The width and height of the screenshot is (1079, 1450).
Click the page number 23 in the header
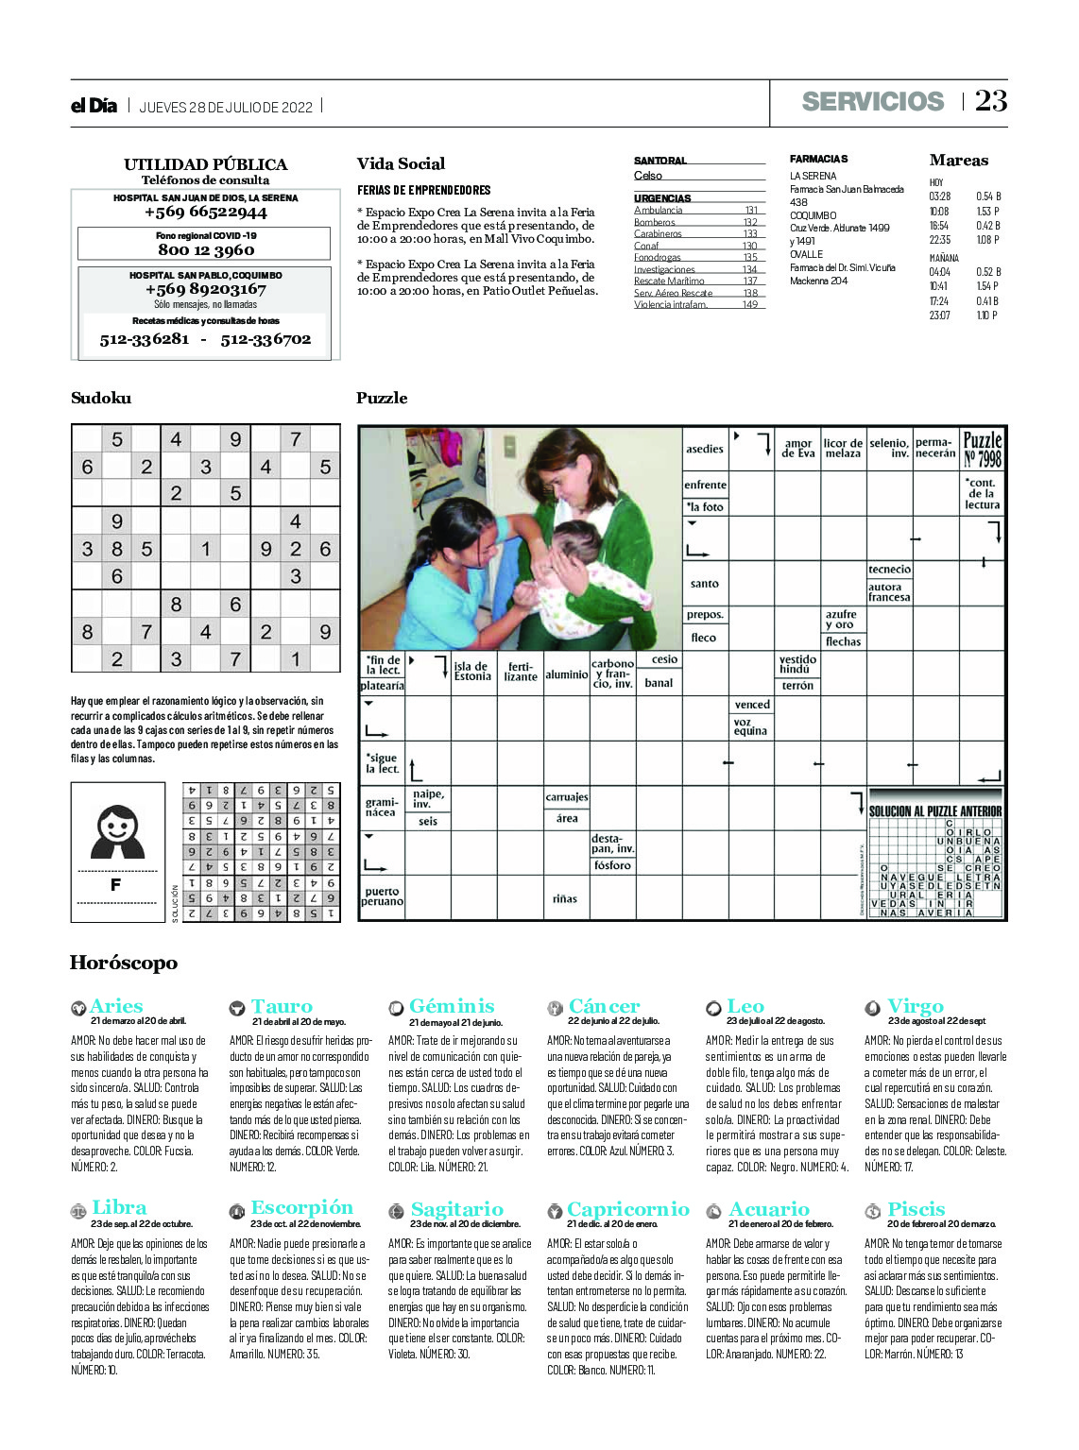coord(991,101)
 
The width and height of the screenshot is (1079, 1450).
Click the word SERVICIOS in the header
coord(872,102)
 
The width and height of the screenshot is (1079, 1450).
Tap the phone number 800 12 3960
coord(206,250)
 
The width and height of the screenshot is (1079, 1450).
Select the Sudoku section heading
coord(101,399)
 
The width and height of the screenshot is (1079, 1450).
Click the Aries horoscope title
coord(116,1006)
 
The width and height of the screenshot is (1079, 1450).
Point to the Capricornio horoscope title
coord(628,1209)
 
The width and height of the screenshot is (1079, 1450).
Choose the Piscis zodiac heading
coord(916,1209)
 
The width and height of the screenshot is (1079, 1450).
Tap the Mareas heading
coord(958,161)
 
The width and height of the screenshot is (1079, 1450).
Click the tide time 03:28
coord(939,196)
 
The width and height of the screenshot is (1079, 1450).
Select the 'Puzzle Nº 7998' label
coord(982,450)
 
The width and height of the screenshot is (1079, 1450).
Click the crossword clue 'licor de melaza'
coord(843,449)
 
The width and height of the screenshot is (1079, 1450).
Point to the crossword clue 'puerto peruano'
coord(382,896)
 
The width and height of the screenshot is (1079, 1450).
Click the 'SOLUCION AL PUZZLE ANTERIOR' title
coord(935,811)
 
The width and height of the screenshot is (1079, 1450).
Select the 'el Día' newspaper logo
coord(94,106)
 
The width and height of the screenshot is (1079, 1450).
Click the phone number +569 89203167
coord(206,289)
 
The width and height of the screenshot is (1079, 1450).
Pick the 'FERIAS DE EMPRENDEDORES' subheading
coord(423,190)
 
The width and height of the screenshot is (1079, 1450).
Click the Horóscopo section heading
coord(123,964)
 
